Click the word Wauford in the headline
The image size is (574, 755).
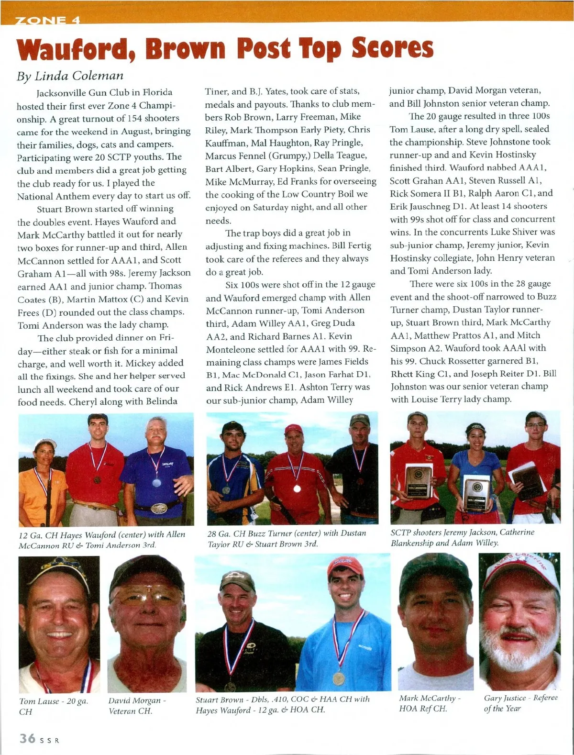(x=77, y=49)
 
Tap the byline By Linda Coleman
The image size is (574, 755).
(x=70, y=76)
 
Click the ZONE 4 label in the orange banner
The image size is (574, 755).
(x=47, y=21)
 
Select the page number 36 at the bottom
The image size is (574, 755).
(x=27, y=738)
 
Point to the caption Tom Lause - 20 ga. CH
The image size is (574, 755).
(x=54, y=706)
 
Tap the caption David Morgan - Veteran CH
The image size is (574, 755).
(x=137, y=706)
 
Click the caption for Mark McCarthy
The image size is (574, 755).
(x=430, y=703)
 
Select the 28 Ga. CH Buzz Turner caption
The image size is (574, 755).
(x=287, y=538)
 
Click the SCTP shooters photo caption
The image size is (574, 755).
(x=462, y=537)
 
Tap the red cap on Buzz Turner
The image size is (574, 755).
(x=293, y=429)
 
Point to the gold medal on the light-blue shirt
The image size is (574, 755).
(x=338, y=678)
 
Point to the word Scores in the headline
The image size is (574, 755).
(x=392, y=49)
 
